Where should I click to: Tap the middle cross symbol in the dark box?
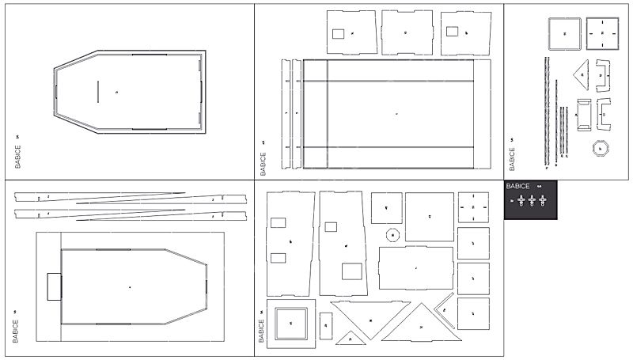(532, 201)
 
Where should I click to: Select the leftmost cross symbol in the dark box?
(521, 201)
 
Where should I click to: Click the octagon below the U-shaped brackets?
(601, 149)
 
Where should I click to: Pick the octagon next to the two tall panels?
(391, 235)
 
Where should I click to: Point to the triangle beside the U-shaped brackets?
(583, 75)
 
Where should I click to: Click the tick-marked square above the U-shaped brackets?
(603, 33)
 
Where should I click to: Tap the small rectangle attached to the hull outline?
(54, 286)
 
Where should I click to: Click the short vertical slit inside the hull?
(97, 91)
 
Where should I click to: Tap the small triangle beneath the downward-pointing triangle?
(349, 338)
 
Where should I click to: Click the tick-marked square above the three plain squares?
(472, 207)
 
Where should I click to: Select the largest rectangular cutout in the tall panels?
(351, 271)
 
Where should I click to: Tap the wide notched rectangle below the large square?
(416, 268)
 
